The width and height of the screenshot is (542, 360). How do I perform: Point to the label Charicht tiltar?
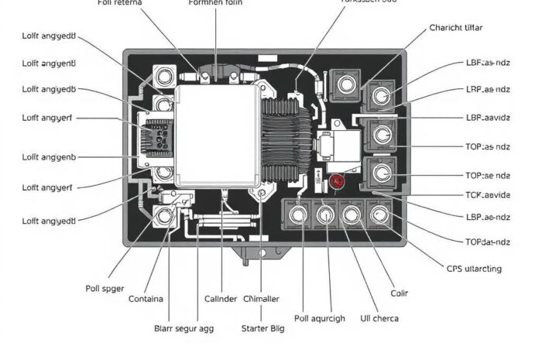point(456,27)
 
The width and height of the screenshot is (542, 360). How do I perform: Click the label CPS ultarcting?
point(474,269)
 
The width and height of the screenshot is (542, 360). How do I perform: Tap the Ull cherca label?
point(381,318)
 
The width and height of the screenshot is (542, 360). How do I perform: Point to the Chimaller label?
point(261,299)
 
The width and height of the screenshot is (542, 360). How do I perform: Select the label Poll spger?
point(105,288)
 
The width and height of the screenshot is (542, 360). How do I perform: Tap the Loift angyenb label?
point(49,157)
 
